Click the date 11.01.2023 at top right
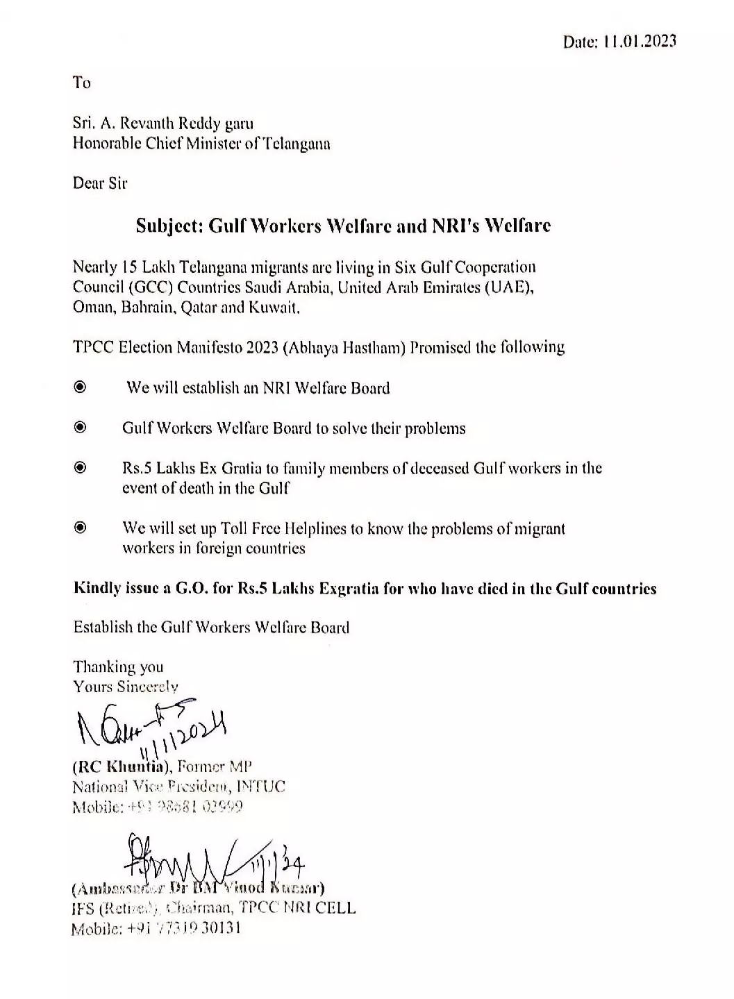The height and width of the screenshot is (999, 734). [639, 42]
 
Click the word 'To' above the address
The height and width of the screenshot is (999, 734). [82, 83]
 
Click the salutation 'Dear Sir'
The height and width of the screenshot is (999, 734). [100, 183]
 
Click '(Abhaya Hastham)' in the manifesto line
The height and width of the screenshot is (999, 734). [344, 347]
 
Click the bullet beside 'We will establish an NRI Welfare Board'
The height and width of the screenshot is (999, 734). [81, 387]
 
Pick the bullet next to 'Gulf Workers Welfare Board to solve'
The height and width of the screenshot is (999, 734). [81, 427]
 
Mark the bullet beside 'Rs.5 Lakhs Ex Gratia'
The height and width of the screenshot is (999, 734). [81, 467]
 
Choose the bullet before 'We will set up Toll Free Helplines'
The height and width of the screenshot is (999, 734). [81, 528]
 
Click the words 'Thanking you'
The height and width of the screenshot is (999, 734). [118, 667]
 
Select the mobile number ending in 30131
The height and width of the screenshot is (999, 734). [183, 928]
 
